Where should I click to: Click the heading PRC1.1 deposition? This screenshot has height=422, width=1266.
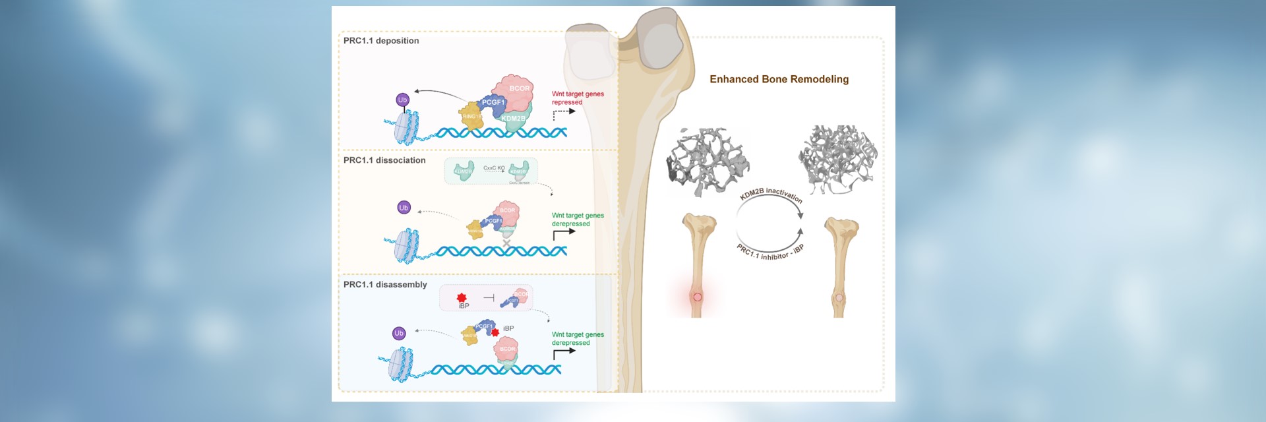[x=381, y=41]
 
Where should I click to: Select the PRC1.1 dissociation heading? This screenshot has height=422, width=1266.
[x=384, y=160]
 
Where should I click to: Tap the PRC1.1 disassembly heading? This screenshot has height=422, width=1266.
[x=385, y=285]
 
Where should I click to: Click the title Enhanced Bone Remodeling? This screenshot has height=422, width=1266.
[x=779, y=79]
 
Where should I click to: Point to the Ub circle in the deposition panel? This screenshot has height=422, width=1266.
[x=402, y=100]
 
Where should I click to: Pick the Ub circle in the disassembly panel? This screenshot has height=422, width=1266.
[x=399, y=334]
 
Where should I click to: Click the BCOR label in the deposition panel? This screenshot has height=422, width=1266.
[x=519, y=88]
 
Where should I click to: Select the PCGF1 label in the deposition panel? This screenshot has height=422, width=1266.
[x=493, y=102]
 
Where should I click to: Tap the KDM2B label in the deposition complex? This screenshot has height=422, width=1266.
[x=513, y=119]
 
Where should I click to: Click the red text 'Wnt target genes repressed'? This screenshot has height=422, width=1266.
[x=577, y=98]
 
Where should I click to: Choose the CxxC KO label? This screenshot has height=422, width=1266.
[x=494, y=168]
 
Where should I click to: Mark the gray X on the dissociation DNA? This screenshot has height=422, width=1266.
[x=506, y=244]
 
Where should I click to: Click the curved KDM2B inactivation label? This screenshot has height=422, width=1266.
[x=771, y=194]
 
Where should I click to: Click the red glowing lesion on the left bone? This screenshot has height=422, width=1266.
[x=698, y=297]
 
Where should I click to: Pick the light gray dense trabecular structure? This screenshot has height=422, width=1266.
[x=837, y=159]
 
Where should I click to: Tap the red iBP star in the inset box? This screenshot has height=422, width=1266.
[x=462, y=298]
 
